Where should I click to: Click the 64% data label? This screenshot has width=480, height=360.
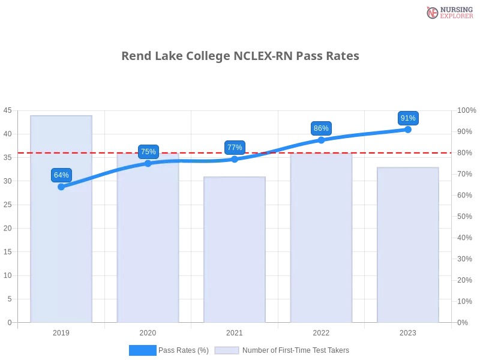coord(61,175)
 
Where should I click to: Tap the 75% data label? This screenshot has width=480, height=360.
coord(148,152)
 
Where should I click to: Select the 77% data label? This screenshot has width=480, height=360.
coord(235,148)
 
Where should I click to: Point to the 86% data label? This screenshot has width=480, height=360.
coord(321,128)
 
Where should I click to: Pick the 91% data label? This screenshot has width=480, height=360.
coord(408,118)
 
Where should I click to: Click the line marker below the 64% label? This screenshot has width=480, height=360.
coord(61,187)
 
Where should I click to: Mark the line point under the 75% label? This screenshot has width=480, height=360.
coord(148,163)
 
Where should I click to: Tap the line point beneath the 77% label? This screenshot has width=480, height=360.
coord(235,159)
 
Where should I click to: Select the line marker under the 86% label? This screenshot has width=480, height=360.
coord(321,140)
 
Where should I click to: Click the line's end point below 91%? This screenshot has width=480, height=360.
coord(408,129)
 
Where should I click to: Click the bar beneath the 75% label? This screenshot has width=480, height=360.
coord(148,252)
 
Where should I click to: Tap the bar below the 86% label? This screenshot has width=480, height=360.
coord(321,252)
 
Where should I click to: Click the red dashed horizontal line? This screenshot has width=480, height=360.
coord(192,152)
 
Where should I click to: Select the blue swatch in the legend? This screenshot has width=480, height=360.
coord(142,350)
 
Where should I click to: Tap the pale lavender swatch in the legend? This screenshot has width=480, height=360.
coord(227,350)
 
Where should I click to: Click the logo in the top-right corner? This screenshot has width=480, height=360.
coord(448,12)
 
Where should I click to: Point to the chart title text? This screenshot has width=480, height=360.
coord(239,56)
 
